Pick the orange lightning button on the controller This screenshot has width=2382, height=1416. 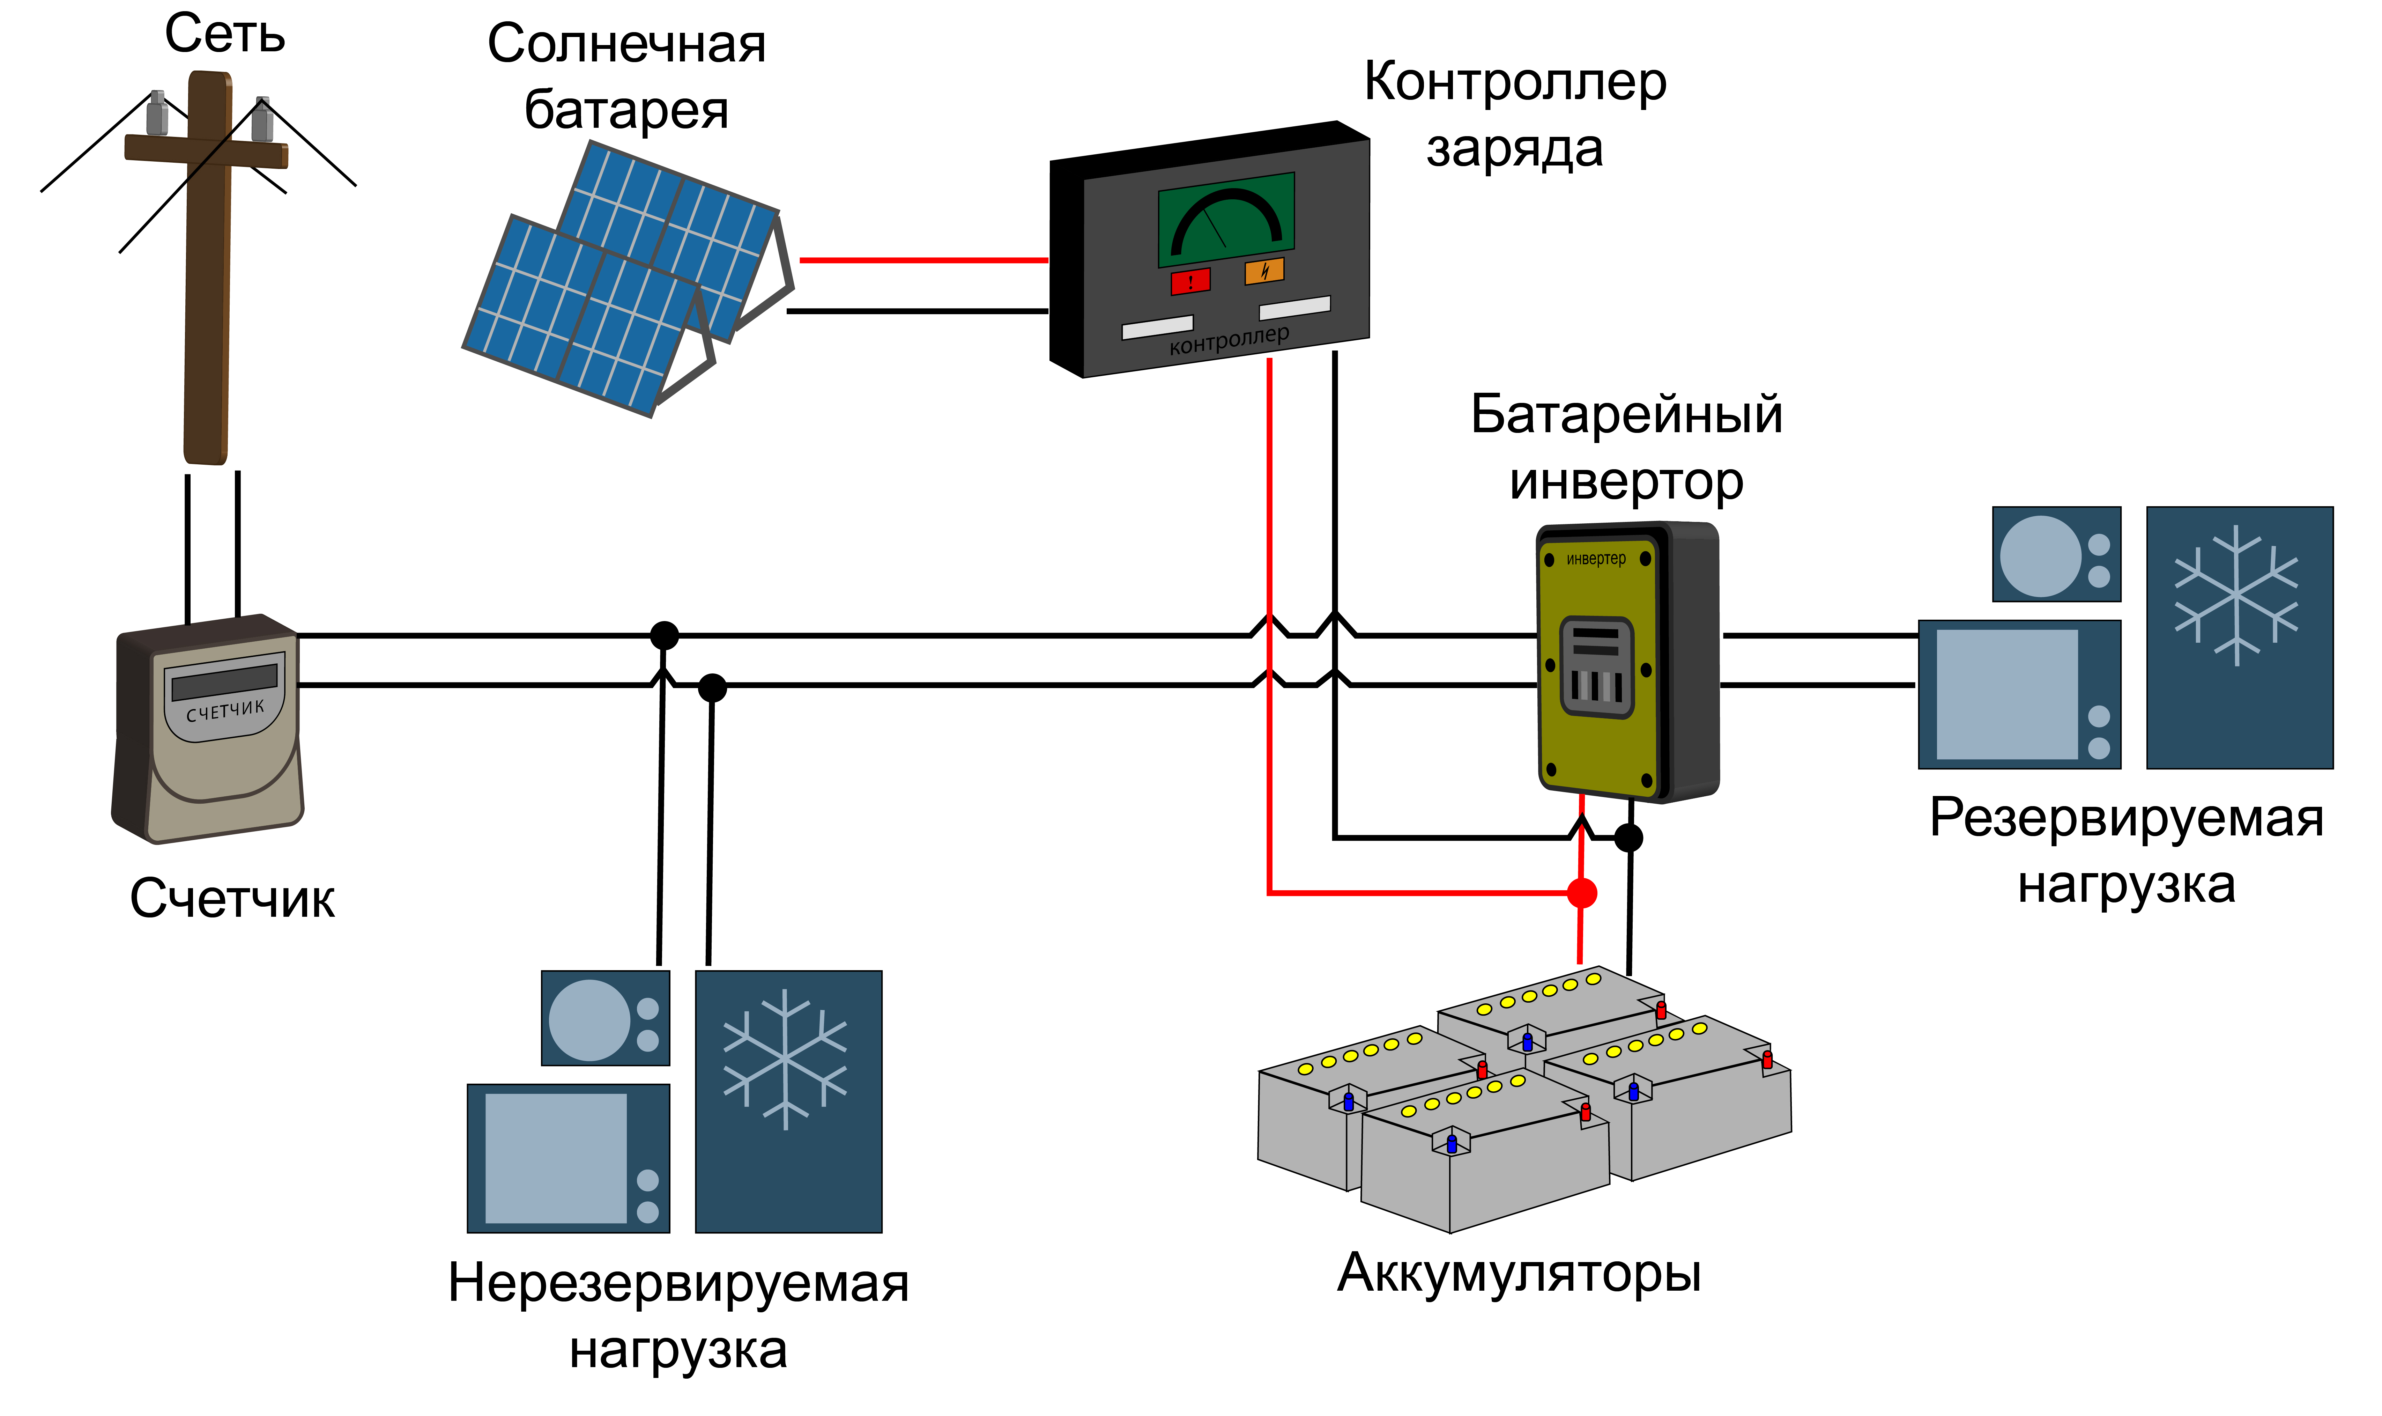1264,271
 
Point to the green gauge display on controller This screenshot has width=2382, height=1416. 1226,220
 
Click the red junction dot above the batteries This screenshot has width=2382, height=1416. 1582,893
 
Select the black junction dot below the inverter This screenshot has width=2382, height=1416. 1628,838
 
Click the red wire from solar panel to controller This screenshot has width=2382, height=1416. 923,259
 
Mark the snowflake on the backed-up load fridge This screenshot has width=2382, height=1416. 2237,596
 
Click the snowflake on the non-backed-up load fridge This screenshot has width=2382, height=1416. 785,1059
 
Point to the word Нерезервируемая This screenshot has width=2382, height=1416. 678,1283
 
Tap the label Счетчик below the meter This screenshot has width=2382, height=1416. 232,899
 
